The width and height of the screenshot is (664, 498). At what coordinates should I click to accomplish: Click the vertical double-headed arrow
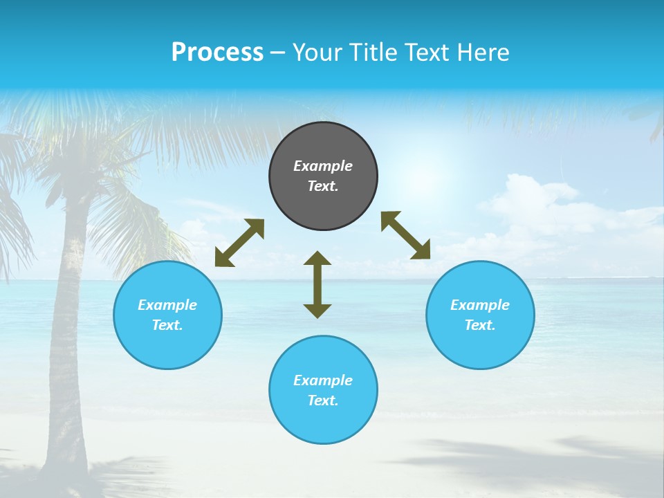(x=317, y=284)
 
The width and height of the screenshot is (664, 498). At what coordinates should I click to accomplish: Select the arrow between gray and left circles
(x=239, y=243)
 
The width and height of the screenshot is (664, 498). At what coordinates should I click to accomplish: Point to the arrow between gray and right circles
(x=405, y=235)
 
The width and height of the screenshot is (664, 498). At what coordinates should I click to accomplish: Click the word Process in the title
(x=217, y=52)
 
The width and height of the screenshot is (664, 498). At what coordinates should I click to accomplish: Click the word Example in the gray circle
(x=323, y=166)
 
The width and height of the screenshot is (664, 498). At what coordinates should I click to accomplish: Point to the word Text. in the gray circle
(x=323, y=186)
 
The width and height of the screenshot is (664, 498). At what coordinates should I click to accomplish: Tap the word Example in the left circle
(x=167, y=305)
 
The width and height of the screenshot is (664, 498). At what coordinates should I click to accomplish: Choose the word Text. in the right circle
(x=480, y=325)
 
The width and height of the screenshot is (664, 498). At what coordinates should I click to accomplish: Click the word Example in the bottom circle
(x=323, y=380)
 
